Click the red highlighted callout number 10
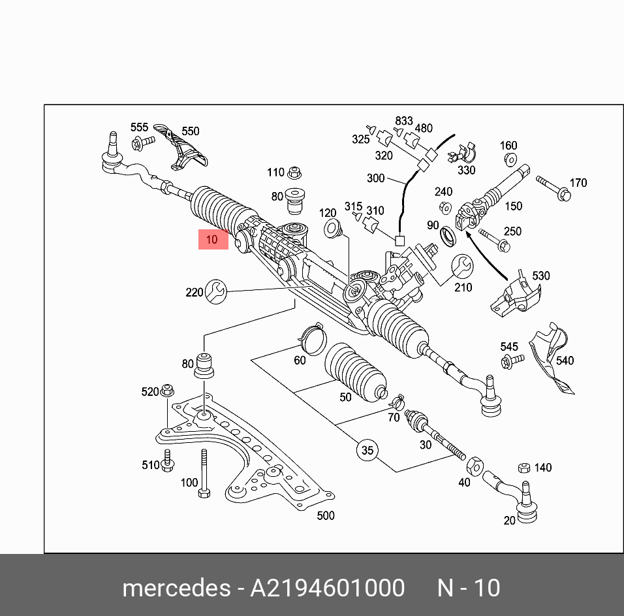point(213,240)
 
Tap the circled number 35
point(367,450)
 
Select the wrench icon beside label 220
point(216,291)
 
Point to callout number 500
point(325,515)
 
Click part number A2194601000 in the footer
point(328,588)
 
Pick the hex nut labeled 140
point(523,468)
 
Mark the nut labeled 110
point(294,172)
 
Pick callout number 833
point(404,121)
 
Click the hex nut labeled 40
point(475,466)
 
